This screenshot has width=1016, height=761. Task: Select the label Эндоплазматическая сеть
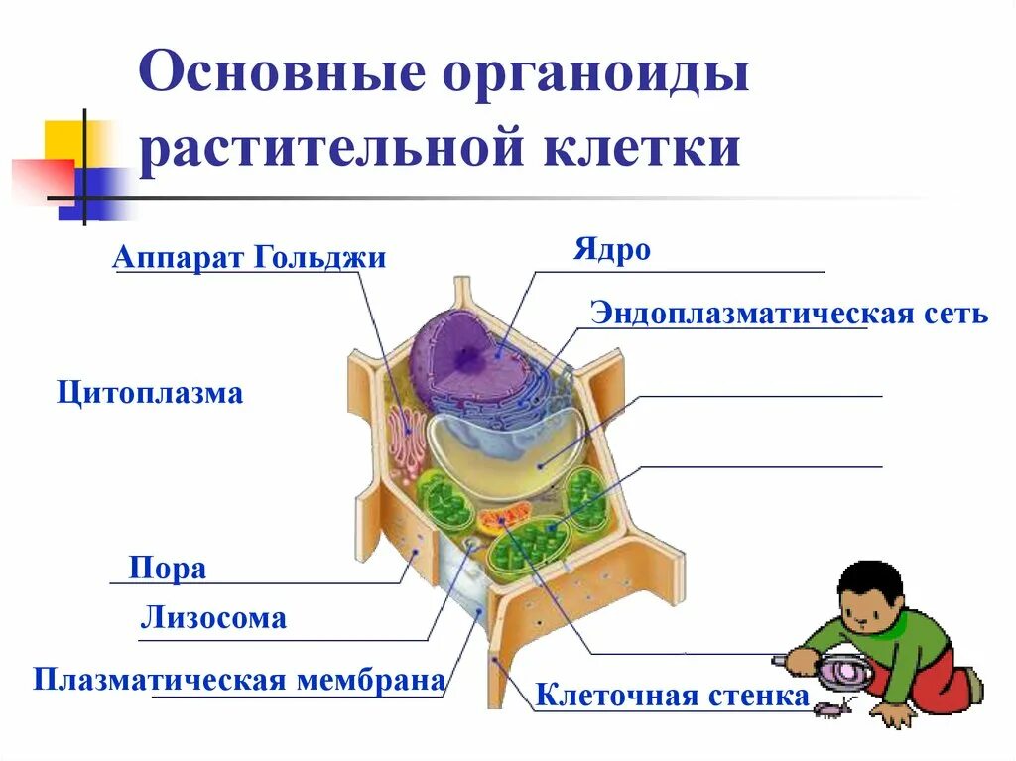point(789,314)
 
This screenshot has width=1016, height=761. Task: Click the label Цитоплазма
point(150,393)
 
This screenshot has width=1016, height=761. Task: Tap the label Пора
point(168,569)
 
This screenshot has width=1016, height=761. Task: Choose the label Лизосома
point(213,619)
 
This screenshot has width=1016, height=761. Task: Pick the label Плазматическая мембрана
point(238,681)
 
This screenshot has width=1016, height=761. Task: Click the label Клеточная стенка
point(673,696)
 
